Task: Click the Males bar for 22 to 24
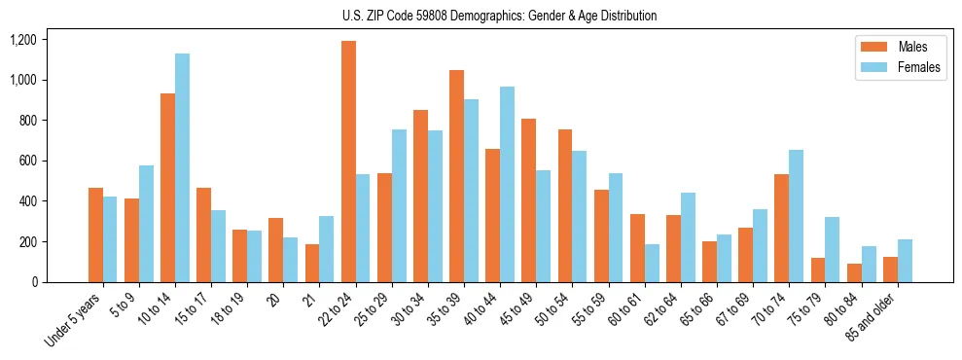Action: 348,162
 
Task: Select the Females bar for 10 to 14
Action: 182,167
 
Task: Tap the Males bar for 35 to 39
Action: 456,176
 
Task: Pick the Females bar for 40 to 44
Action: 507,184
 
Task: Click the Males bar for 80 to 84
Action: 854,272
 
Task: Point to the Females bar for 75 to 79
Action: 832,249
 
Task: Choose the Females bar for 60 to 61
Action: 652,263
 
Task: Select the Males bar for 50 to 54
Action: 565,205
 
